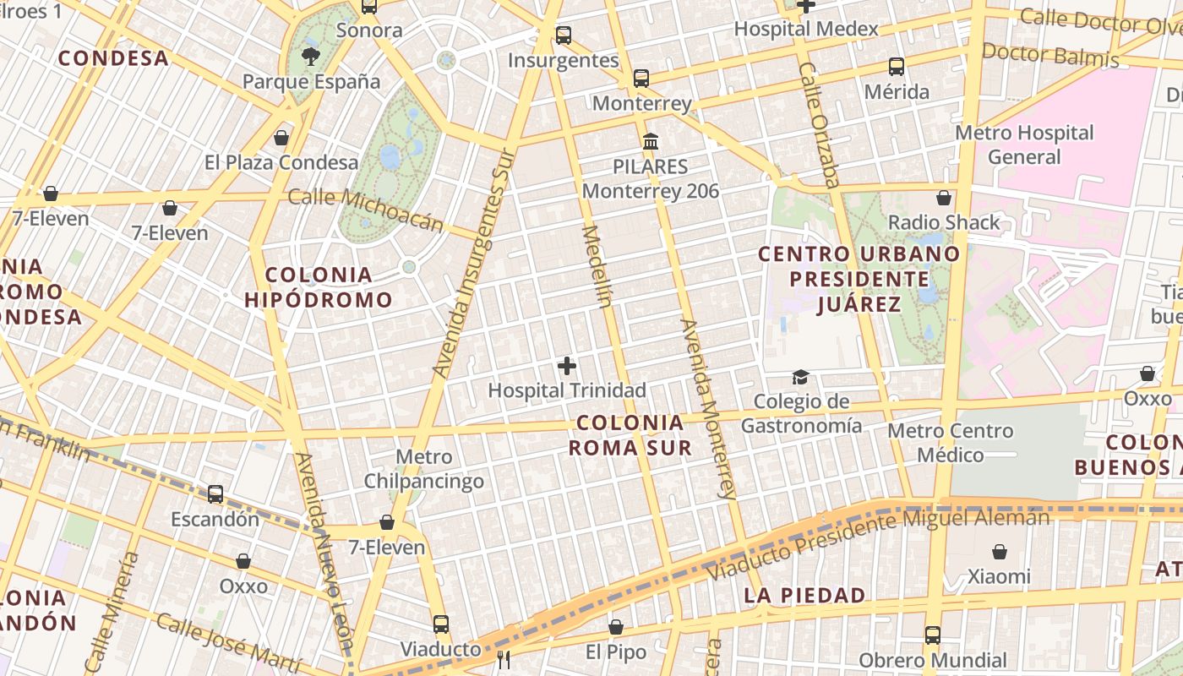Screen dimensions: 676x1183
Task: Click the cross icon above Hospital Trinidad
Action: pos(567,366)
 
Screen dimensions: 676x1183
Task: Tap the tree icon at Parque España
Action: pos(311,57)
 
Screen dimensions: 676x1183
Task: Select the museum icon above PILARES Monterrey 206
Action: pos(650,141)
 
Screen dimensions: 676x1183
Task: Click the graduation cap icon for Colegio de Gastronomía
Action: pos(800,377)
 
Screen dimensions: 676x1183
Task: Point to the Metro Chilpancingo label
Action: pos(424,469)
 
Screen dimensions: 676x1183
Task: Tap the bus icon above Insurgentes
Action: pos(564,35)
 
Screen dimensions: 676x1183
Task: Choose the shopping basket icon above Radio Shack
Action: pos(944,198)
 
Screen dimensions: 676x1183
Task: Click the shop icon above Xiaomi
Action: pos(1000,552)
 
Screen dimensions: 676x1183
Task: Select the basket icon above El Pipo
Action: pos(616,627)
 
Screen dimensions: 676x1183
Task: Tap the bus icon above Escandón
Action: pos(215,493)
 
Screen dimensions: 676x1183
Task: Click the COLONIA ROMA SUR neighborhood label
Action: pos(630,435)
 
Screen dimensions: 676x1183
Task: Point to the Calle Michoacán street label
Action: pos(365,209)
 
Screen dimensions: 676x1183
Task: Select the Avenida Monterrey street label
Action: pos(709,409)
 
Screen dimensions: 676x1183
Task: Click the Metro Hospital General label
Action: pos(1024,144)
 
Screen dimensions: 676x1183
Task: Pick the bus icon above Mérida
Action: pos(897,66)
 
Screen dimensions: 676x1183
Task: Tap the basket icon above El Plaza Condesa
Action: pos(281,137)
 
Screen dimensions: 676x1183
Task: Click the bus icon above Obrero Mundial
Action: pos(932,635)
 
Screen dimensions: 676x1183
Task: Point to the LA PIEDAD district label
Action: pos(804,595)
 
